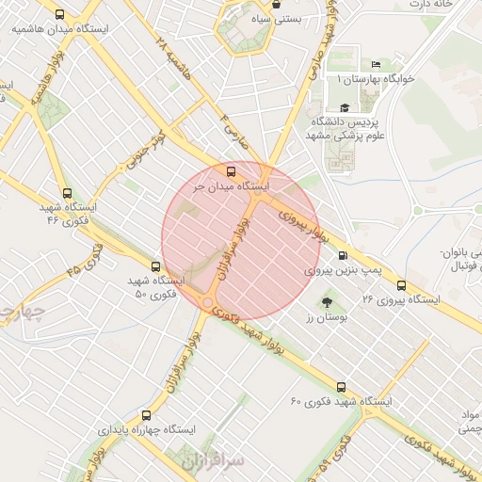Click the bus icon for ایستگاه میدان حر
(232, 171)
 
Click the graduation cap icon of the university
(345, 108)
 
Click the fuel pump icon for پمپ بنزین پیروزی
(341, 254)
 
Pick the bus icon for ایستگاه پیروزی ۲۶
(401, 285)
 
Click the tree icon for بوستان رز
(326, 303)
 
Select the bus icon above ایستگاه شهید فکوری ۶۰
(341, 386)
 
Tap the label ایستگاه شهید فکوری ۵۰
(155, 287)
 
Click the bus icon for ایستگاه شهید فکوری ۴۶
(64, 192)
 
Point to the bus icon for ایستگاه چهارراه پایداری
(145, 414)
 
